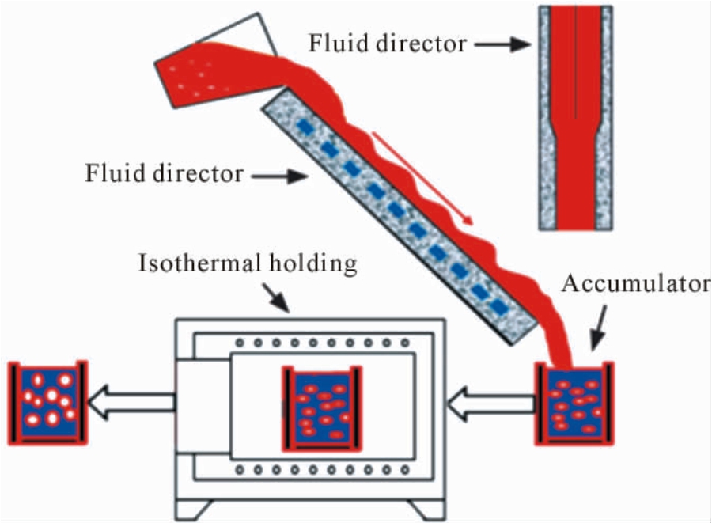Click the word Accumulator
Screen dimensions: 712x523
(636, 284)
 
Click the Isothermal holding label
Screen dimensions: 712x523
(248, 263)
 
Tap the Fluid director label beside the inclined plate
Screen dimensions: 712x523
(165, 173)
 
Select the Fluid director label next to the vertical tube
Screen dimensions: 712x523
(388, 44)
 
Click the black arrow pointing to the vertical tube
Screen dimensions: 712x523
(502, 44)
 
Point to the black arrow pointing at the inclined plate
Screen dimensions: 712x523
(280, 176)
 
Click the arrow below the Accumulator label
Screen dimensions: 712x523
(600, 328)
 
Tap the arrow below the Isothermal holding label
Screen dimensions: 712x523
(276, 298)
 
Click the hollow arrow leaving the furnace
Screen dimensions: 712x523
(131, 402)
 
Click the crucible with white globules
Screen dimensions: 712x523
(47, 403)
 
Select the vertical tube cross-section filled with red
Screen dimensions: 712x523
(576, 118)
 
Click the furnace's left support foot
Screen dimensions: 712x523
(195, 510)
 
